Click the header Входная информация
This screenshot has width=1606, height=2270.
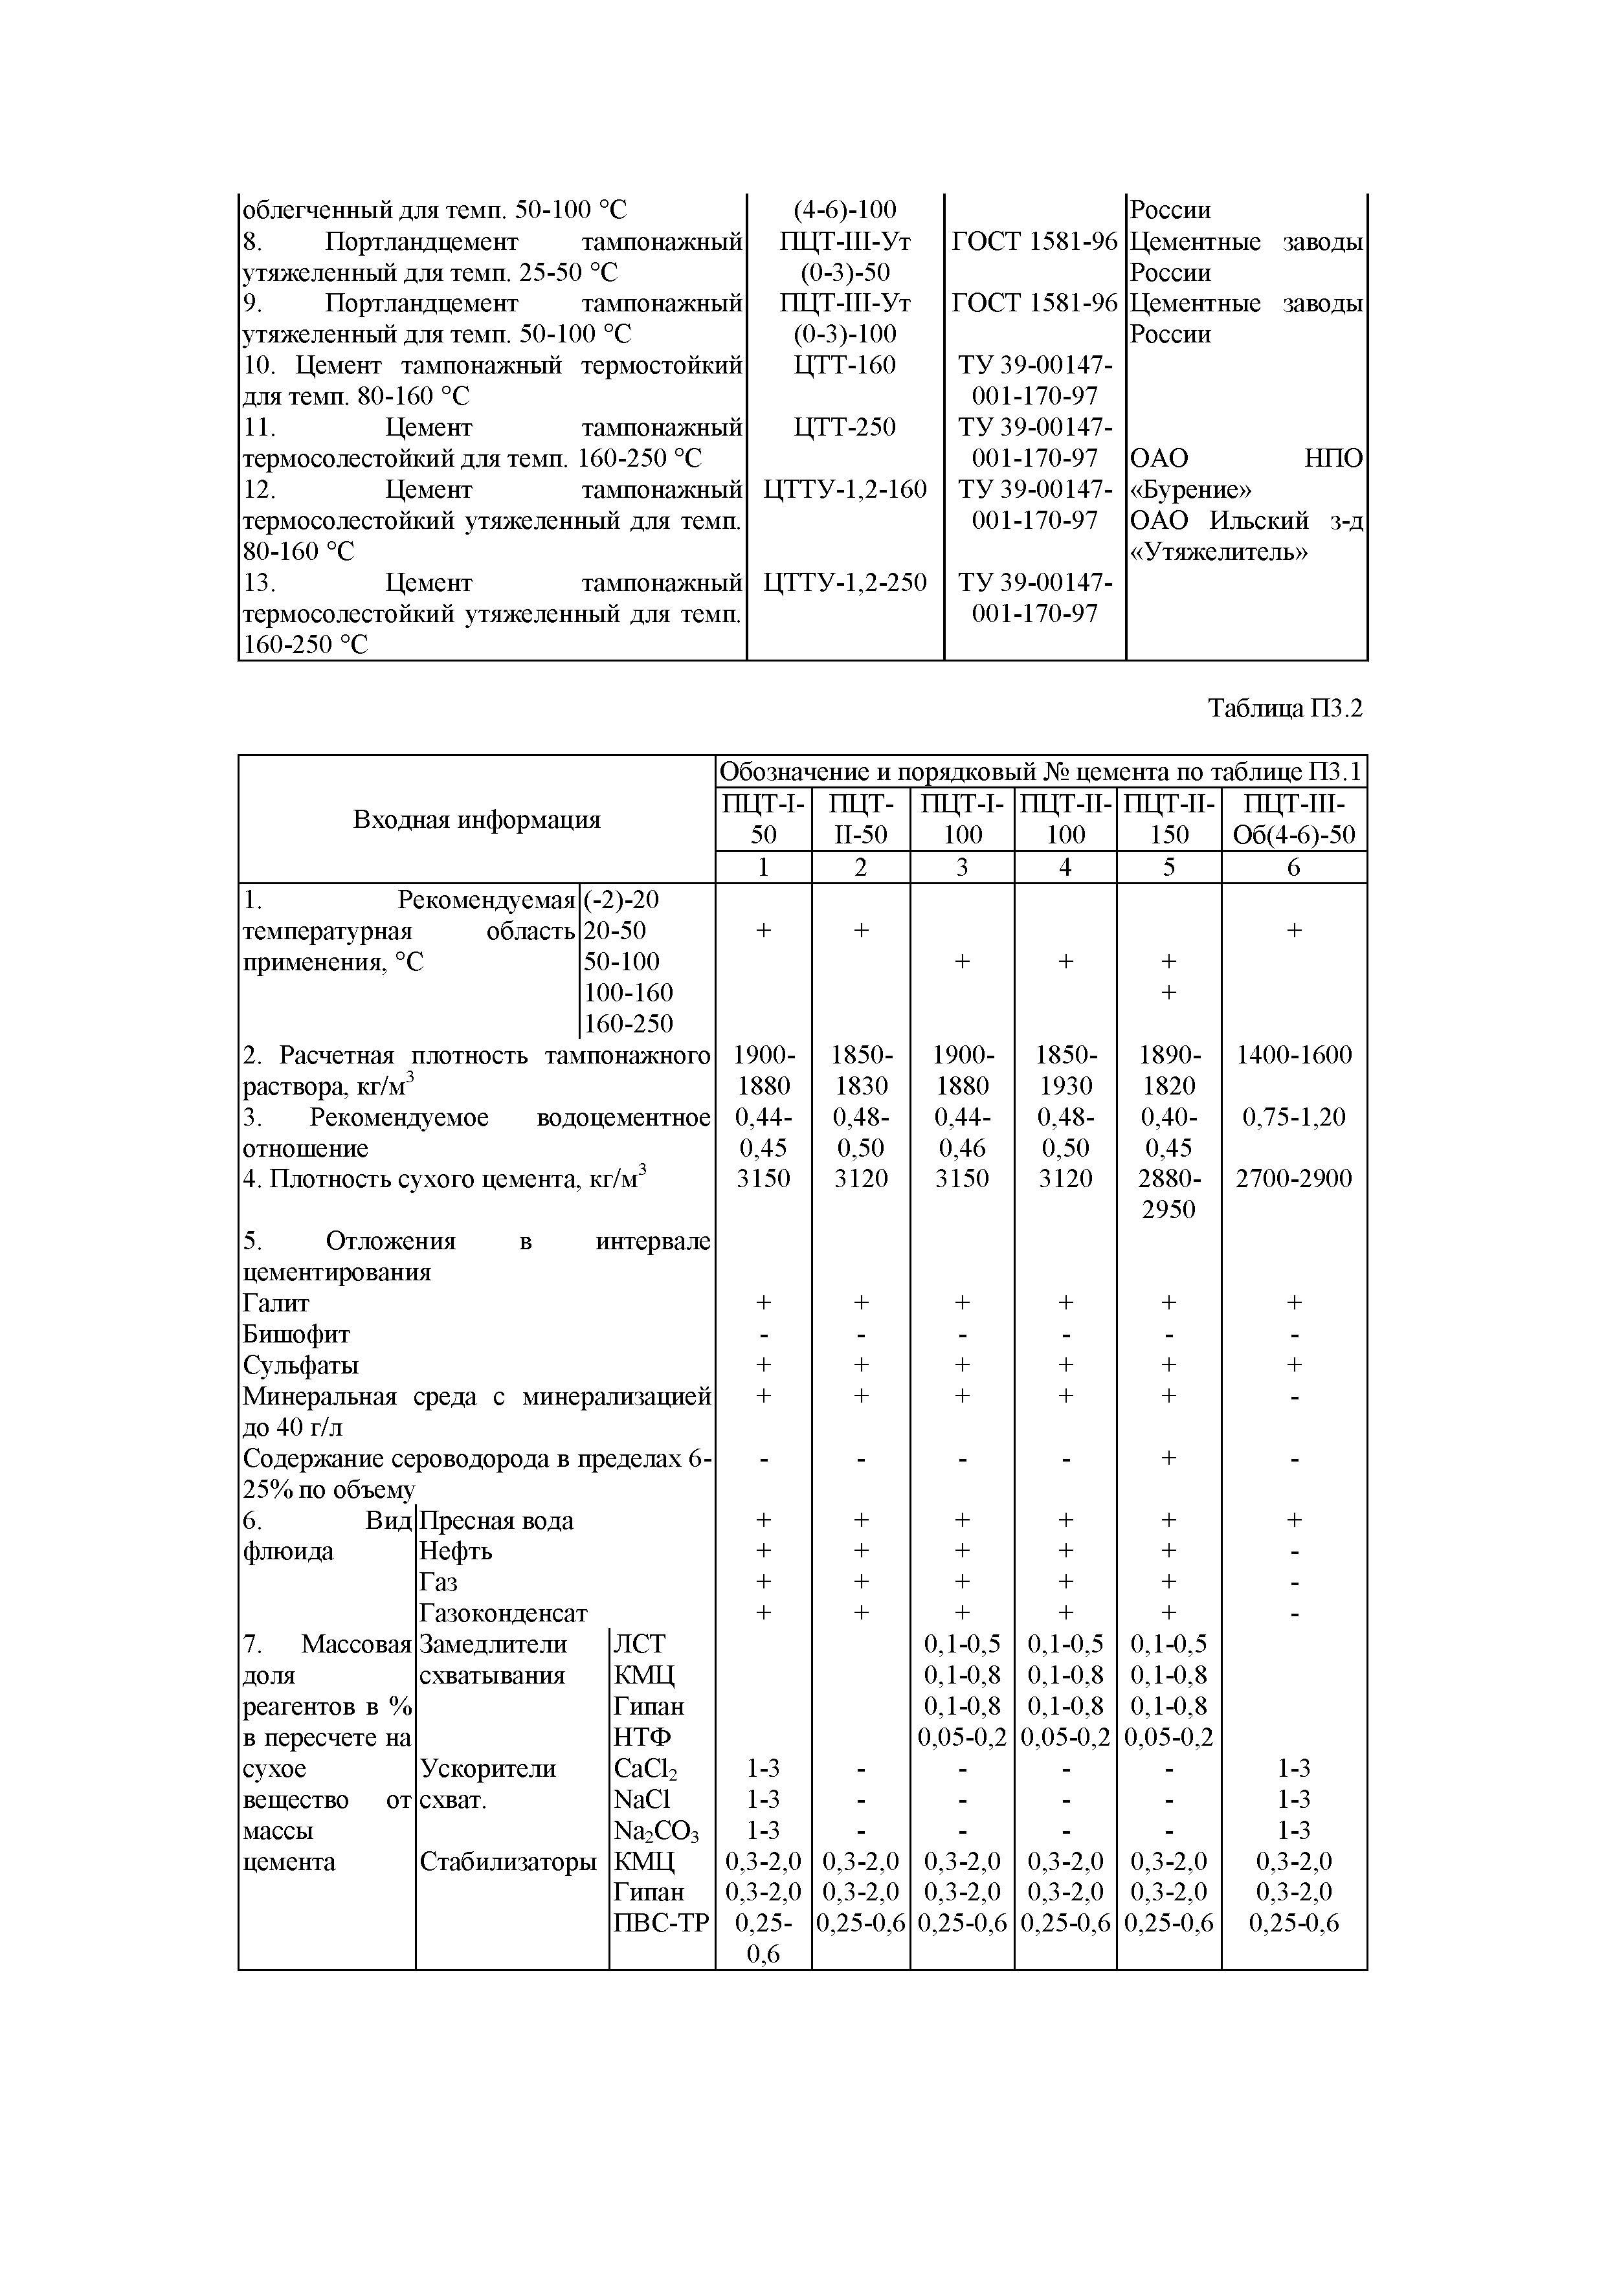click(476, 819)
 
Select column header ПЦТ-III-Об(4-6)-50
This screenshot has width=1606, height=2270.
click(1293, 819)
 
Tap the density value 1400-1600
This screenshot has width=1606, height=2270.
click(1293, 1055)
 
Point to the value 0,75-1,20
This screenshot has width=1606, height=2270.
click(1293, 1117)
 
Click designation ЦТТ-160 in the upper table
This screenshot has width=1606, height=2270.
click(845, 366)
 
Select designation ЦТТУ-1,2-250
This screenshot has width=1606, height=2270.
click(845, 583)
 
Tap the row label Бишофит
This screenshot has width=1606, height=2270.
click(296, 1335)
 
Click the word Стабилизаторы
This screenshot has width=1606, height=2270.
click(508, 1862)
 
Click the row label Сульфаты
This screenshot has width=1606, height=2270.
click(300, 1365)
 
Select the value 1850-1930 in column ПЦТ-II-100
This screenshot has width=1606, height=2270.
click(1065, 1070)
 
